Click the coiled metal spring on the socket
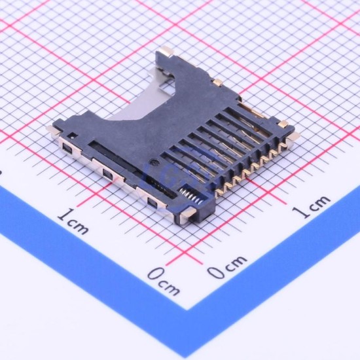click(x=191, y=196)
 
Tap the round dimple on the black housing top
click(x=154, y=162)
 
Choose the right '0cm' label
click(x=227, y=266)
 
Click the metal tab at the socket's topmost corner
click(x=167, y=51)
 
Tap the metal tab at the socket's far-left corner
click(x=53, y=130)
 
